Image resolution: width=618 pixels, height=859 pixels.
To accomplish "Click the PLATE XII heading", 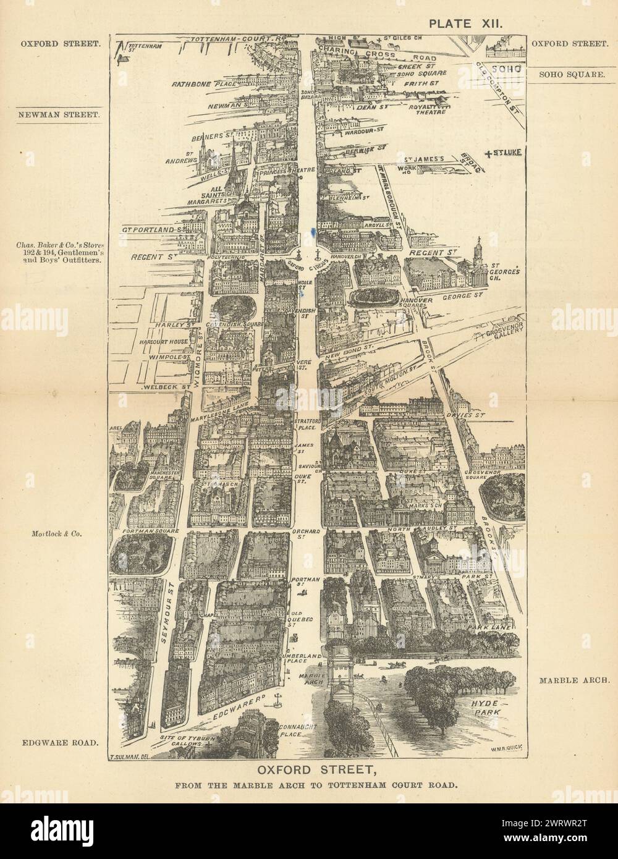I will point(467,23).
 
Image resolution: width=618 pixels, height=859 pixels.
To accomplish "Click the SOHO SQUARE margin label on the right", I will point(571,74).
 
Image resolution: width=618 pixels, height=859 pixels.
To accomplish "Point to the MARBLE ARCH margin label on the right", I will point(574,680).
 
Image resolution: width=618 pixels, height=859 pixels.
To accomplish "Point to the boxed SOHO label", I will point(505,69).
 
